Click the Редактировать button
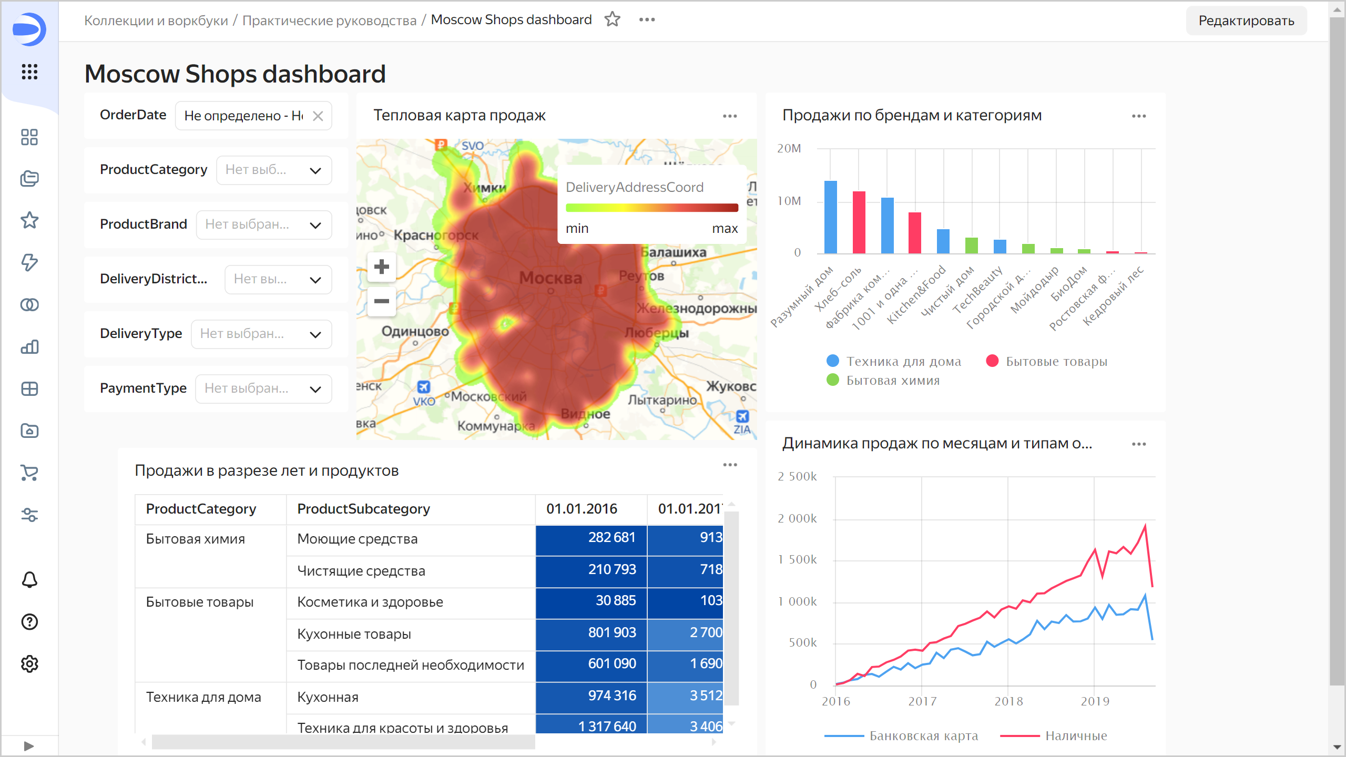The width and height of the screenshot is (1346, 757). click(x=1246, y=21)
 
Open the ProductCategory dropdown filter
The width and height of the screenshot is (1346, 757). click(x=274, y=170)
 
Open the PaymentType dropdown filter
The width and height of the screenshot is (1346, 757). click(x=263, y=389)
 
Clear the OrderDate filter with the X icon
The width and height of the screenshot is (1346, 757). click(x=318, y=116)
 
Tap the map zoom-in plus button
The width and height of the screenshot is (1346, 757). click(x=382, y=267)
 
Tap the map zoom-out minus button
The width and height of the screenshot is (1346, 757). click(x=382, y=301)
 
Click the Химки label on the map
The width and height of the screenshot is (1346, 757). click(x=484, y=188)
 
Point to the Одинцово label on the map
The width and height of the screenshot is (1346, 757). click(x=415, y=332)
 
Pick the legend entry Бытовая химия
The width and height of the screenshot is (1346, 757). click(x=892, y=381)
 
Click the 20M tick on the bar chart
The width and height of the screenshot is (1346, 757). click(x=789, y=149)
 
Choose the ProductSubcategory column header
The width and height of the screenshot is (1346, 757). click(x=363, y=509)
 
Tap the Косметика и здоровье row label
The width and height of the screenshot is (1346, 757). click(x=370, y=602)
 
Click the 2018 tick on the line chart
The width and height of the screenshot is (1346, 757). click(x=1008, y=701)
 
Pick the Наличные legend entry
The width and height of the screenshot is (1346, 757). click(x=1076, y=736)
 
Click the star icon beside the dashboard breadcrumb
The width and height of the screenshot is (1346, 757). click(x=613, y=20)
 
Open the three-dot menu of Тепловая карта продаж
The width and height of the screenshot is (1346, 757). click(x=730, y=116)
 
